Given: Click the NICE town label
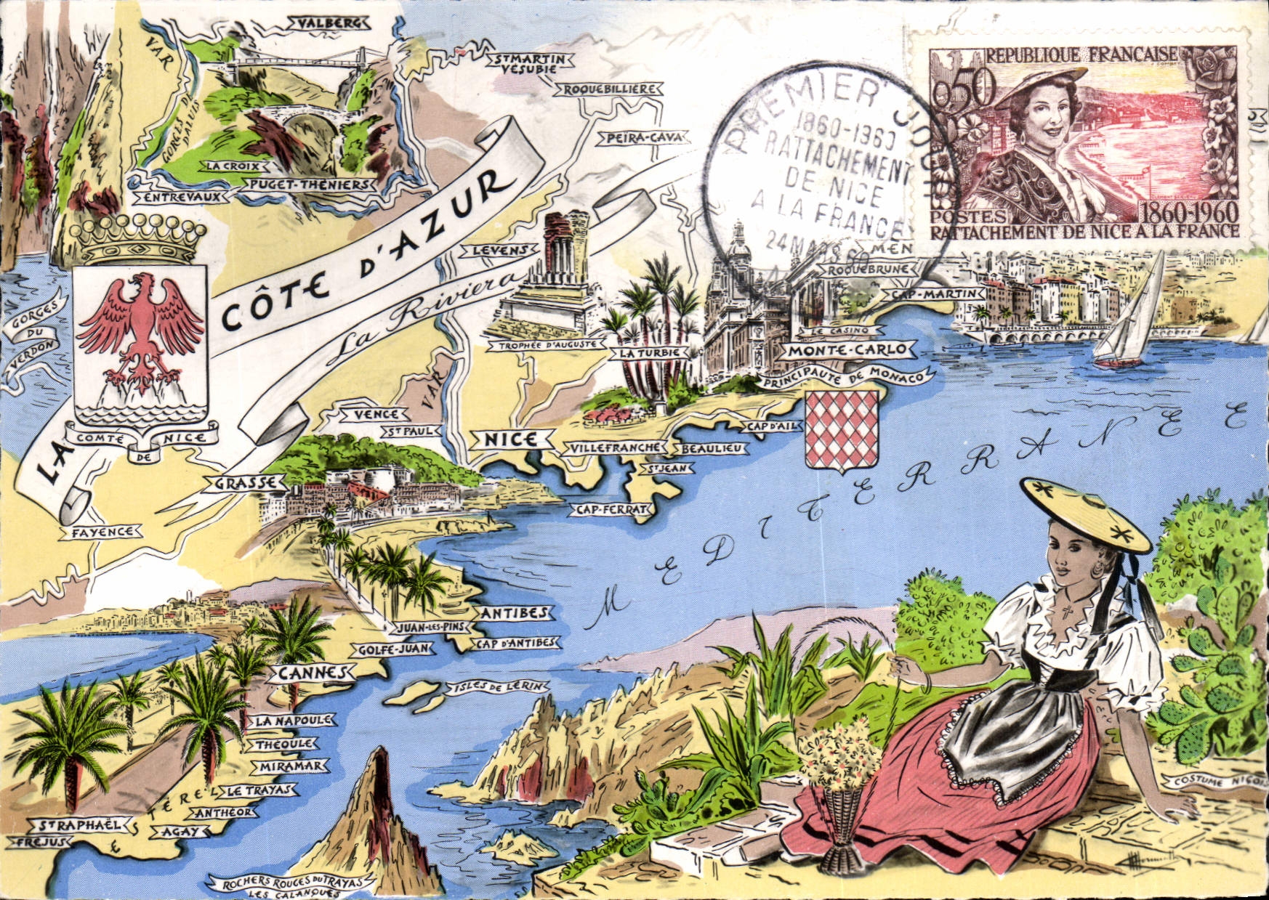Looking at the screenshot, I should [x=510, y=439].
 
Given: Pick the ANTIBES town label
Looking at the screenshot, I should [x=514, y=613].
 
